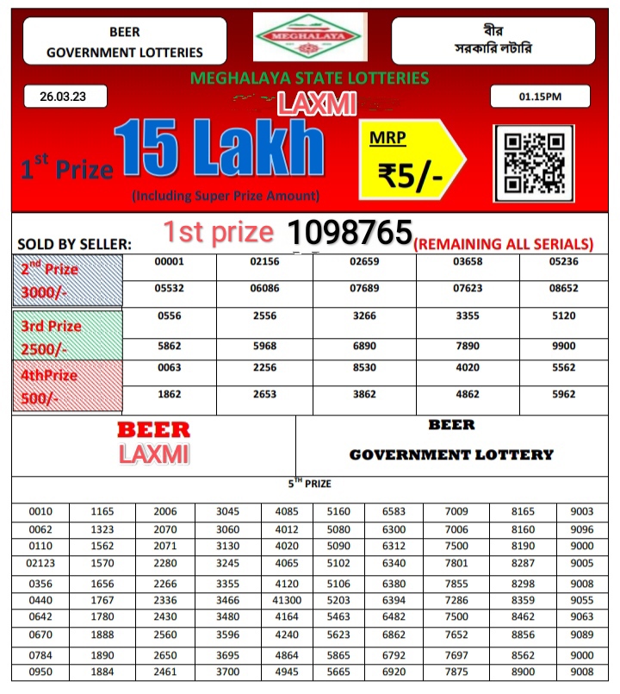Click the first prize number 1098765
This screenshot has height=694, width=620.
[x=349, y=233]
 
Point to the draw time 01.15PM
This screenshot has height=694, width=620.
[x=540, y=97]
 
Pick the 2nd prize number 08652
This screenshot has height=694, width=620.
[x=564, y=289]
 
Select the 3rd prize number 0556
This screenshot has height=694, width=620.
[x=169, y=316]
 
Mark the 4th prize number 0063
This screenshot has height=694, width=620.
[x=169, y=367]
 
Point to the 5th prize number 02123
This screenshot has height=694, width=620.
[x=40, y=563]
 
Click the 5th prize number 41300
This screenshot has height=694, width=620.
[x=287, y=599]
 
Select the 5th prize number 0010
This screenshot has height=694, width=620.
[x=40, y=512]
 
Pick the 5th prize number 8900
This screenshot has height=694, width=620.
[x=524, y=671]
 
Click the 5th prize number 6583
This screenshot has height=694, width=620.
[x=394, y=512]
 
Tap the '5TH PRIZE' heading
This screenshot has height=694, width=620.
[x=309, y=484]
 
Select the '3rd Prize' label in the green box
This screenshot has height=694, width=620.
[x=53, y=326]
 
